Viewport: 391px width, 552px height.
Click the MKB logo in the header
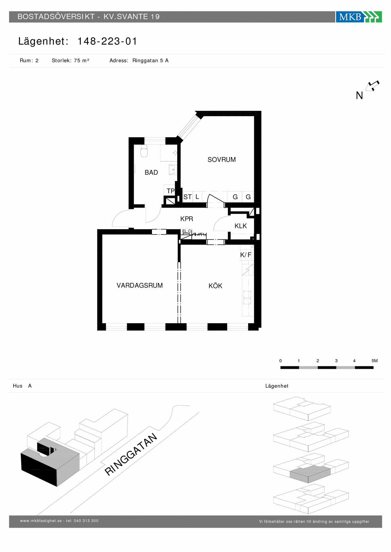tap(359, 17)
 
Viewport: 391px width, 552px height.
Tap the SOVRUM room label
tap(222, 160)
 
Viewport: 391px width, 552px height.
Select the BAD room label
tap(151, 172)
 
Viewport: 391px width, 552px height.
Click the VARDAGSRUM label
tap(140, 285)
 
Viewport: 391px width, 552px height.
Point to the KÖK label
tap(215, 286)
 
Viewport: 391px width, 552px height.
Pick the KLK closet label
tap(241, 226)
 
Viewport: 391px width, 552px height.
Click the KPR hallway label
tap(187, 219)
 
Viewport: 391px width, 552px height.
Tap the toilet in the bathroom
tap(144, 151)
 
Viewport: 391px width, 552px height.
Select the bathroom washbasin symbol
tap(172, 170)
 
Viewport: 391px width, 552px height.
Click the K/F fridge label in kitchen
tap(246, 255)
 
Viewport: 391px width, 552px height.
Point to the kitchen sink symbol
tap(247, 298)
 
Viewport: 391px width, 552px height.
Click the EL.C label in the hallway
tap(187, 231)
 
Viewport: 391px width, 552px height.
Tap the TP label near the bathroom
tap(171, 191)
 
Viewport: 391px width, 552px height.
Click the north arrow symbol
tap(372, 86)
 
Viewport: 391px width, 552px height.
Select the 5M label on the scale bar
tap(375, 361)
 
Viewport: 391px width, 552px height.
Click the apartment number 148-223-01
tap(107, 41)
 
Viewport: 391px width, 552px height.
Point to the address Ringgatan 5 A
tap(150, 60)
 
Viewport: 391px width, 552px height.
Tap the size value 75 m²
tap(82, 60)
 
